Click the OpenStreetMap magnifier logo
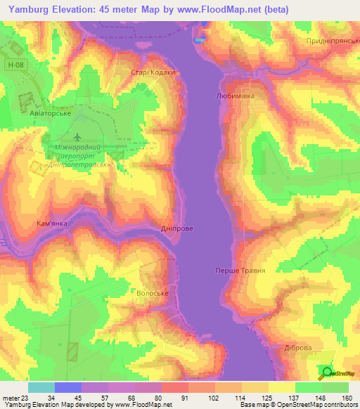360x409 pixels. [327, 372]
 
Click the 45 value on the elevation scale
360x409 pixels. [78, 396]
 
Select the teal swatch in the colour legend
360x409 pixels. [41, 387]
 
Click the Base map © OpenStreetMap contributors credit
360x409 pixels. [296, 405]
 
